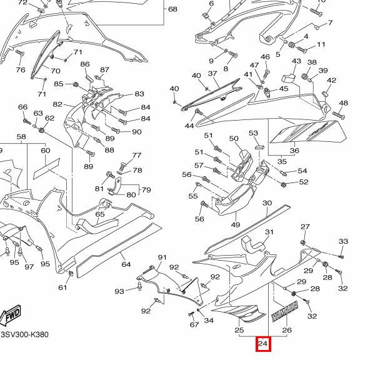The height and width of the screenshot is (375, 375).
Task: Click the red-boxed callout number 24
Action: (263, 344)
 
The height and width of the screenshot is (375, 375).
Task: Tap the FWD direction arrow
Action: (12, 317)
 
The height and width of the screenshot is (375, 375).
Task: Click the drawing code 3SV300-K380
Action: (24, 334)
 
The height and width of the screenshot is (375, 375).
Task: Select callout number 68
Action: (172, 9)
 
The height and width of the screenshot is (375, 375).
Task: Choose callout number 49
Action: (235, 225)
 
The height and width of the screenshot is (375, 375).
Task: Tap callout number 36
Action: (294, 150)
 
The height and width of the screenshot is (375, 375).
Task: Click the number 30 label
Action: (267, 203)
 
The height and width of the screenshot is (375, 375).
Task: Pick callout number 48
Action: (343, 103)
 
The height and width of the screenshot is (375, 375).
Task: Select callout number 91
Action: (162, 257)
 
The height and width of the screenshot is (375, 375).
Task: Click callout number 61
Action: (62, 287)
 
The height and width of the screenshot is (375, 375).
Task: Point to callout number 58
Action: (21, 136)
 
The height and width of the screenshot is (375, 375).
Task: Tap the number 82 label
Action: (57, 104)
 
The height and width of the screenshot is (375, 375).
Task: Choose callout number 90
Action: (136, 132)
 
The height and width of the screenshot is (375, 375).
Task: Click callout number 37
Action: (212, 74)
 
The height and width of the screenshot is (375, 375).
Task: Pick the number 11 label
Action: (321, 45)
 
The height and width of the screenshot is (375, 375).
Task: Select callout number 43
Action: (296, 61)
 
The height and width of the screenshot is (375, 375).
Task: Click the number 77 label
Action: (137, 155)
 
